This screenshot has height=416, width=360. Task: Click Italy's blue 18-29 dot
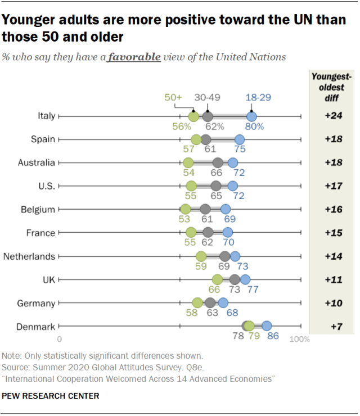252,116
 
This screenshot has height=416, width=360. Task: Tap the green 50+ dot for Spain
196,140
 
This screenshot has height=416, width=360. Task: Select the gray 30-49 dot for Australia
218,163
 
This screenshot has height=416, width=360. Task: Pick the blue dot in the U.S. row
233,186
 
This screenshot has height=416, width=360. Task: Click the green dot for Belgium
186,210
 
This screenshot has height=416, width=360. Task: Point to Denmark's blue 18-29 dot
267,325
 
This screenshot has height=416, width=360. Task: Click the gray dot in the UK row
235,279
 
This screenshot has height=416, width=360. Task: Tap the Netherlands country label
29,256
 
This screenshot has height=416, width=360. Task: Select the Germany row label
36,303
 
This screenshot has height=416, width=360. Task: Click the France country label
40,233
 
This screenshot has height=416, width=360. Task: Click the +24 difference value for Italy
334,116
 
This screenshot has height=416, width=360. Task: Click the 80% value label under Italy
254,126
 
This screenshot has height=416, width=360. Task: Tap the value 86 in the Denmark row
273,336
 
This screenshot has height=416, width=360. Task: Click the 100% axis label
300,340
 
